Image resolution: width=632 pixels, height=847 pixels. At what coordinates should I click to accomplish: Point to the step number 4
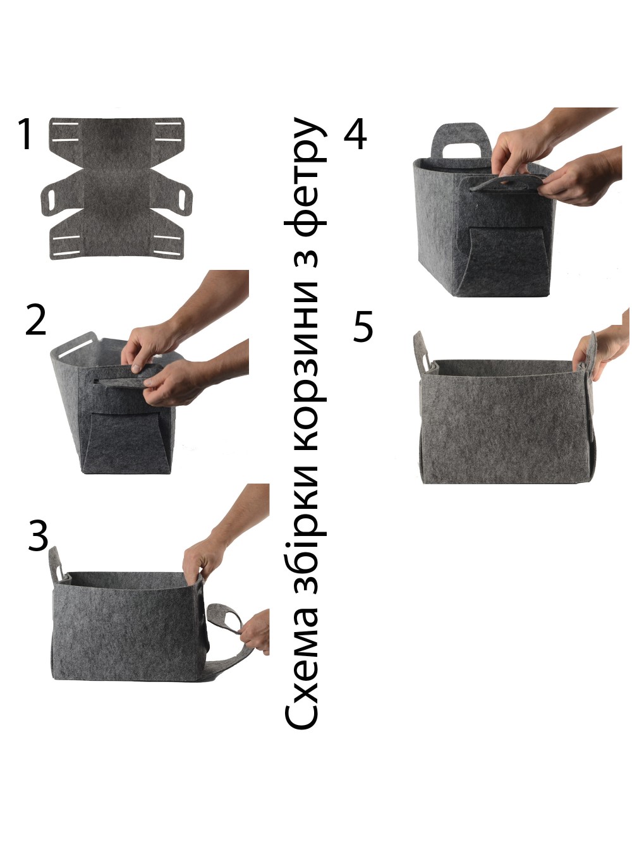click(355, 133)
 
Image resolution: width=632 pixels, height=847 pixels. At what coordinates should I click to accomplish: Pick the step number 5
click(363, 326)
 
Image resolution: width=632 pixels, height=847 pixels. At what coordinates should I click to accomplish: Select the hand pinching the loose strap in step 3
click(255, 631)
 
